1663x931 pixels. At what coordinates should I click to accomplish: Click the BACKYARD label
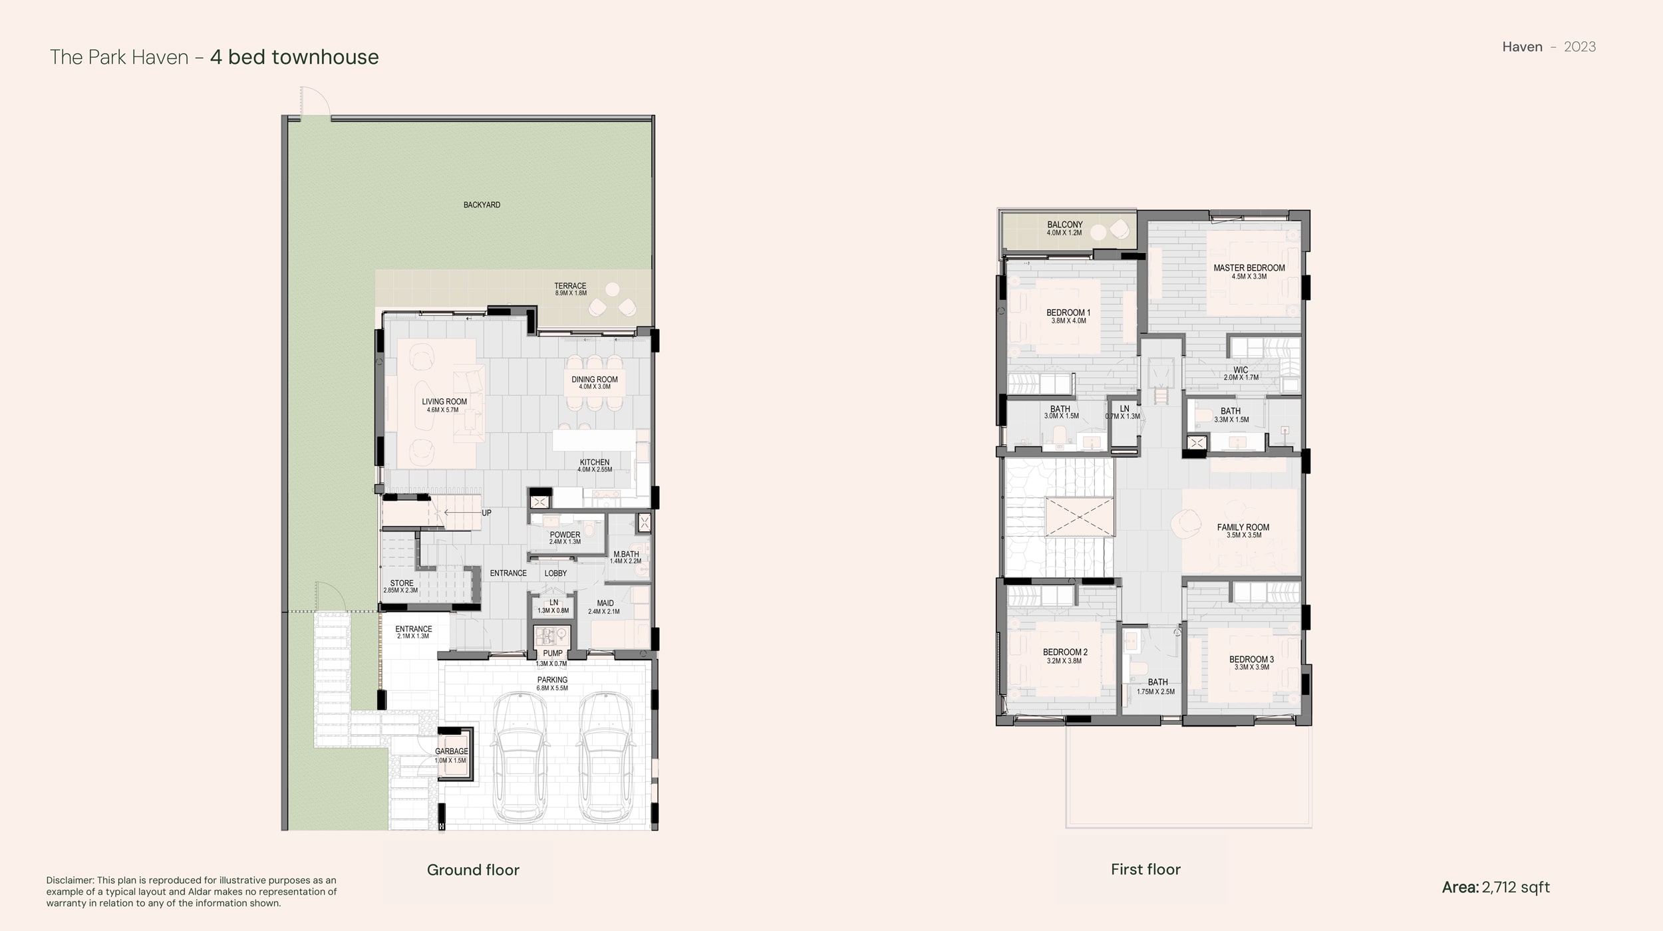[x=482, y=205]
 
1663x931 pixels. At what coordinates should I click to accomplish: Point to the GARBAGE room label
[x=452, y=751]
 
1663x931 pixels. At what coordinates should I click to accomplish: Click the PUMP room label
[x=552, y=653]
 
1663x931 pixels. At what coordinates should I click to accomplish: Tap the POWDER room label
[x=565, y=535]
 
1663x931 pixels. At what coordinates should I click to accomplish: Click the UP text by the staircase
[x=486, y=513]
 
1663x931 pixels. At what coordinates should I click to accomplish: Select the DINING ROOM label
[x=595, y=379]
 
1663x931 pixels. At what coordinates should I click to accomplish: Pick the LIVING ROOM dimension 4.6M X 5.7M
[x=443, y=410]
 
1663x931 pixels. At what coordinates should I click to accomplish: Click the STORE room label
[x=402, y=583]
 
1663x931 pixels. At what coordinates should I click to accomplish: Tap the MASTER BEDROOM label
[x=1249, y=268]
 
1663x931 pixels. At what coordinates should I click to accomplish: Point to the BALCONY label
[x=1064, y=225]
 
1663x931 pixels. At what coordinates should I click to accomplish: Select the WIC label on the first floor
[x=1241, y=370]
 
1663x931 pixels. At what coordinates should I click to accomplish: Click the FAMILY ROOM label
[x=1243, y=527]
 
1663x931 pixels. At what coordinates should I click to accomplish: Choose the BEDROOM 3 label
[x=1251, y=660]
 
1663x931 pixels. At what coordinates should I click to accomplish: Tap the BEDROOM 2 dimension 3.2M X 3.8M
[x=1065, y=661]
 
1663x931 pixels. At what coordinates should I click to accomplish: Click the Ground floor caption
[x=473, y=870]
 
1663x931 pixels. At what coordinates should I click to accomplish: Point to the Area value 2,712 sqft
[x=1515, y=887]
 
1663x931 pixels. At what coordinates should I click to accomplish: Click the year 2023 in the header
[x=1579, y=47]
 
